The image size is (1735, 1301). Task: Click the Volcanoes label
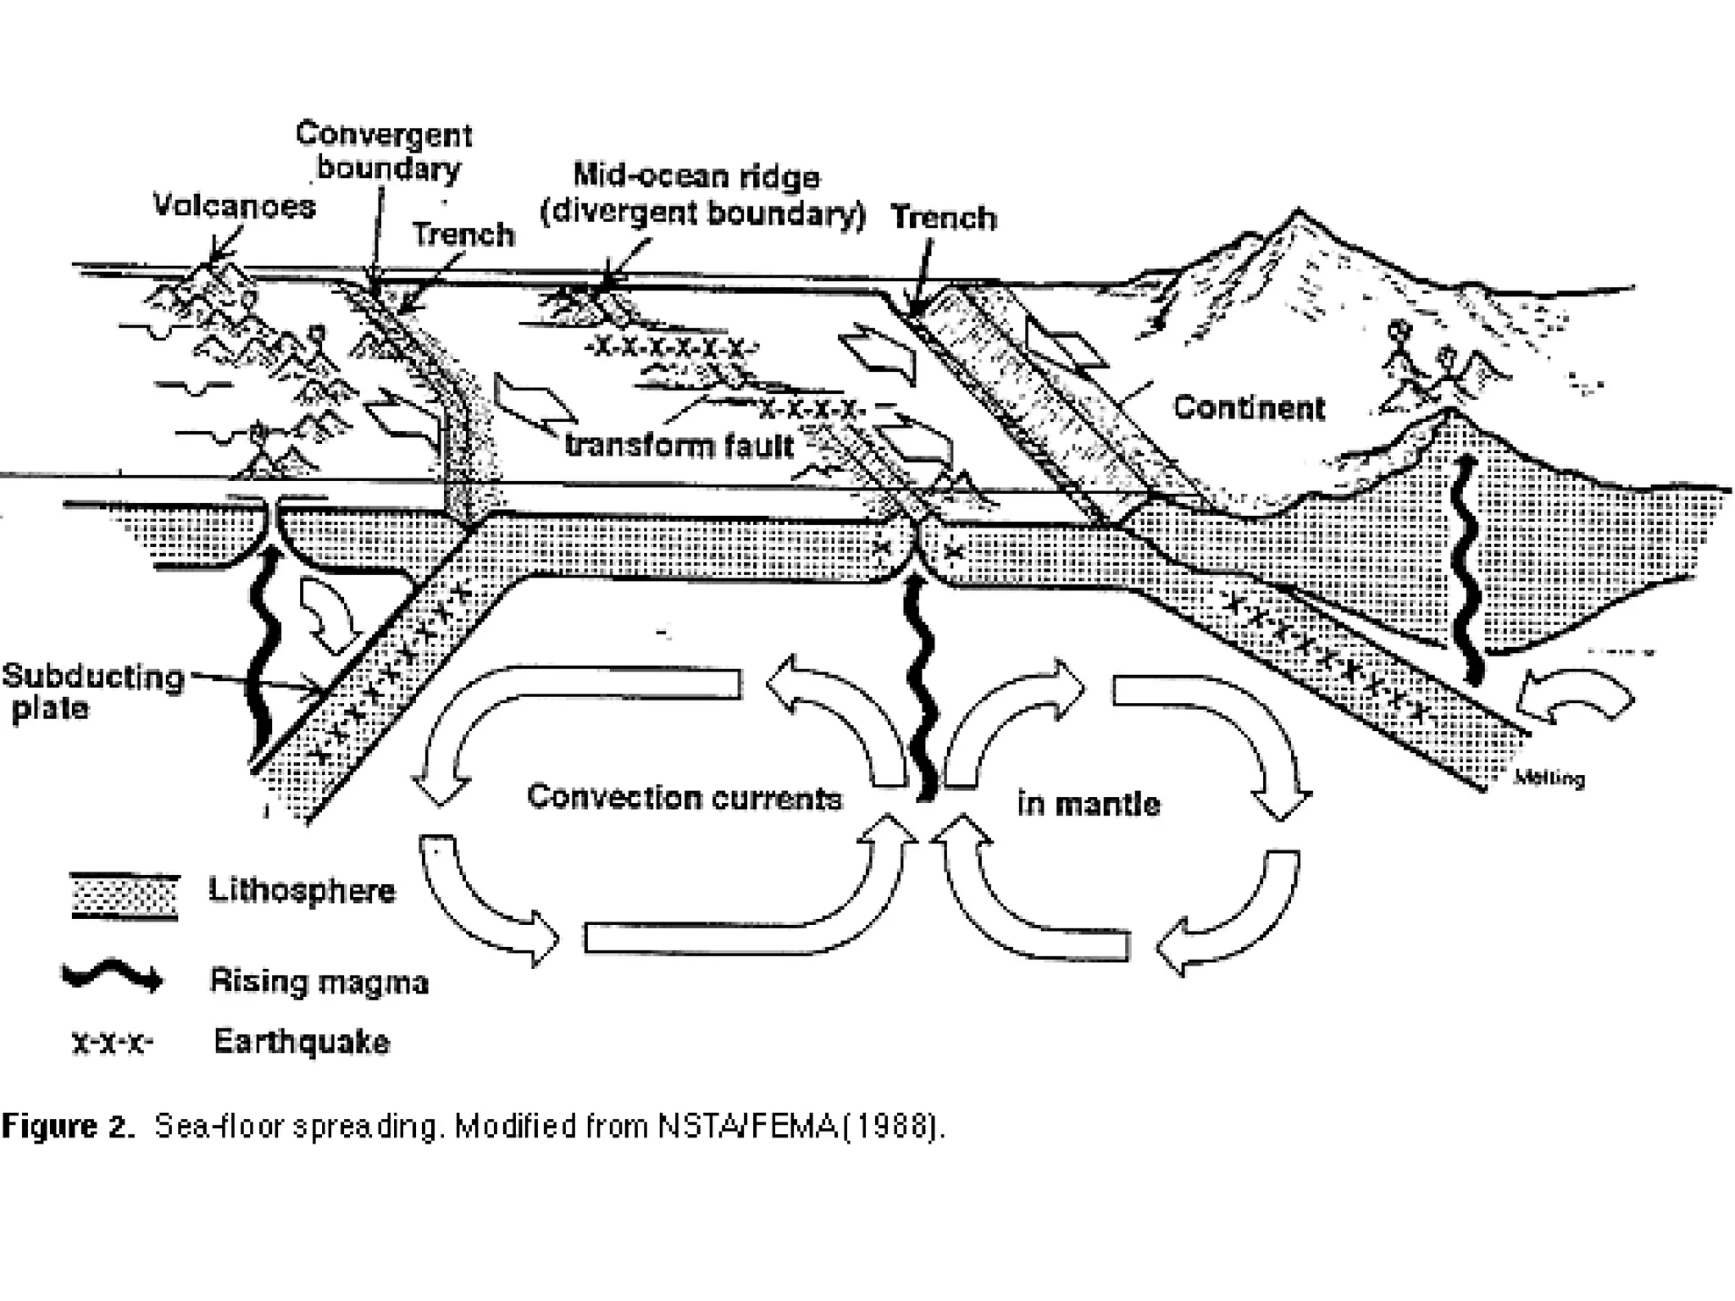pyautogui.click(x=234, y=206)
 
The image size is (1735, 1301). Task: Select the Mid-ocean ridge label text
pyautogui.click(x=696, y=176)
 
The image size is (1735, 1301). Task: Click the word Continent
pyautogui.click(x=1249, y=408)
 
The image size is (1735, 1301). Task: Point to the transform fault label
pyautogui.click(x=679, y=445)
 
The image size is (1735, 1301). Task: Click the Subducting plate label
pyautogui.click(x=91, y=692)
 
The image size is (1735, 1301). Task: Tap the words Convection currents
pyautogui.click(x=685, y=798)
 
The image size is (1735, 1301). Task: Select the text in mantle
pyautogui.click(x=1089, y=803)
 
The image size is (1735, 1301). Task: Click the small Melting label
pyautogui.click(x=1548, y=778)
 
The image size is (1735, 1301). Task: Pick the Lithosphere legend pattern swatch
pyautogui.click(x=125, y=896)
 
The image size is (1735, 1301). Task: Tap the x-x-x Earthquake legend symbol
pyautogui.click(x=112, y=1042)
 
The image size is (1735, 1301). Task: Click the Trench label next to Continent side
pyautogui.click(x=943, y=219)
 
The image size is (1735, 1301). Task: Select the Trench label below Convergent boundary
pyautogui.click(x=463, y=235)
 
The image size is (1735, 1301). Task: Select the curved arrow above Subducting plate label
pyautogui.click(x=329, y=614)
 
